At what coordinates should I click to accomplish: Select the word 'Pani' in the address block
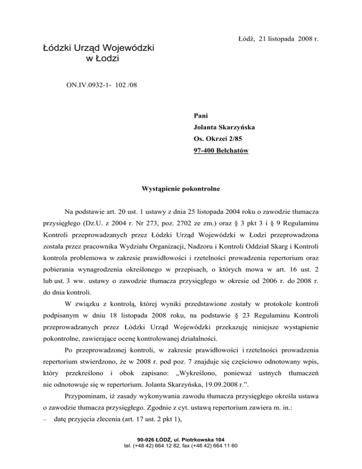[x=201, y=116]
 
